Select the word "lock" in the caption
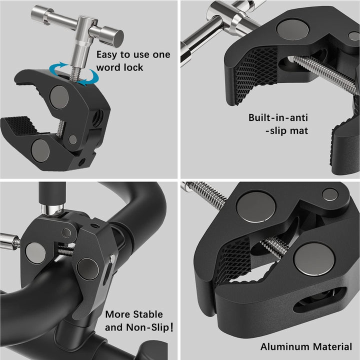click(x=134, y=67)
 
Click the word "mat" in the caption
click(x=298, y=130)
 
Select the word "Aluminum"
click(x=282, y=346)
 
